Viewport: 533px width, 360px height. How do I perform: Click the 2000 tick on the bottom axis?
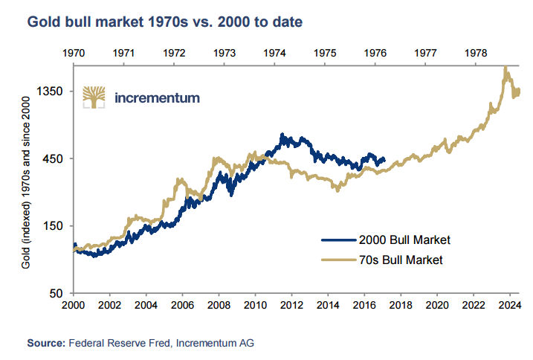click(x=74, y=305)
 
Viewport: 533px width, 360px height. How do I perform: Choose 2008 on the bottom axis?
click(x=219, y=305)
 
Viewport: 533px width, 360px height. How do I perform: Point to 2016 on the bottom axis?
click(x=364, y=305)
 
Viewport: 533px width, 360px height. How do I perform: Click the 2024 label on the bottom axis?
click(x=509, y=305)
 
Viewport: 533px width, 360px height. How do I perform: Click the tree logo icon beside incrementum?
click(x=94, y=97)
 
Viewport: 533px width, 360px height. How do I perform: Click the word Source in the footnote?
click(x=45, y=343)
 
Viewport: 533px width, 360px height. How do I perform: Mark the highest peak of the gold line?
click(x=505, y=68)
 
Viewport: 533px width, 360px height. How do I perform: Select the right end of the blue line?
click(x=384, y=158)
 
